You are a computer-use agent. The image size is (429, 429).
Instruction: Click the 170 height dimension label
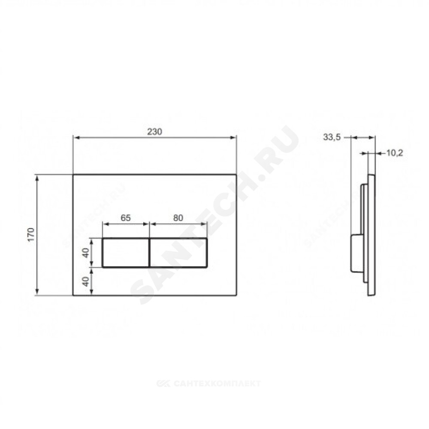tap(31, 234)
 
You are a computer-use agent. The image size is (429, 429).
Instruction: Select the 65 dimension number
tap(126, 218)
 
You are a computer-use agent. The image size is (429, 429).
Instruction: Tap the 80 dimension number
tap(178, 218)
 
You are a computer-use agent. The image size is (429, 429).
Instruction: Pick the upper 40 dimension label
tap(86, 253)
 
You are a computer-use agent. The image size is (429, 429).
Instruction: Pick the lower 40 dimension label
tap(86, 281)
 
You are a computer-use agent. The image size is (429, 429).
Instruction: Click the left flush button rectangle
tap(126, 253)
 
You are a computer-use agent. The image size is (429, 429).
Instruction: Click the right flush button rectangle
tap(178, 253)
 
